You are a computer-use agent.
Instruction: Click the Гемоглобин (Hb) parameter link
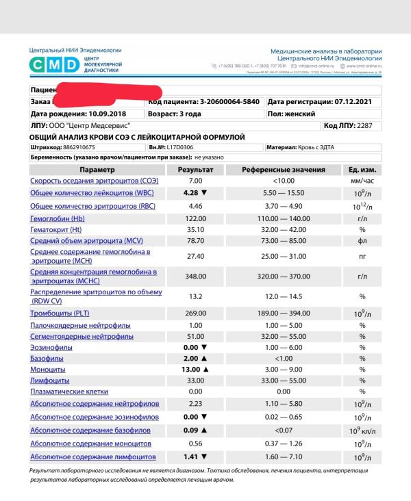pyautogui.click(x=55, y=218)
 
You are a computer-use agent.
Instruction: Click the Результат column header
pyautogui.click(x=195, y=169)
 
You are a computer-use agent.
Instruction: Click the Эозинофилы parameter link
pyautogui.click(x=49, y=348)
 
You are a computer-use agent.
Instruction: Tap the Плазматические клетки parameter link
pyautogui.click(x=69, y=391)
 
